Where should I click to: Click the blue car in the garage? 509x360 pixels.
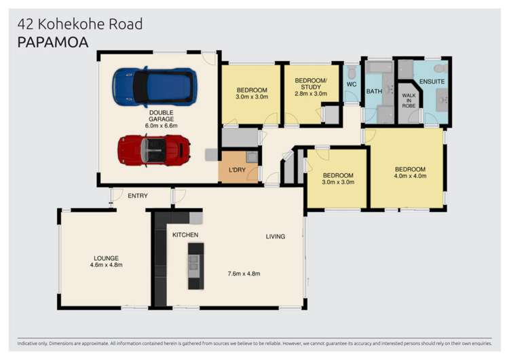point(155,87)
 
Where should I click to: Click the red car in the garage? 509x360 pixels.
point(153,149)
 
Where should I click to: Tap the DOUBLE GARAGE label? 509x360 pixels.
point(162,115)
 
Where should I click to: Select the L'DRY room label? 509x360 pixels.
point(237,170)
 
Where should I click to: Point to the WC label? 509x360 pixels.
point(352,84)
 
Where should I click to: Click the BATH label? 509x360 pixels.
point(374,91)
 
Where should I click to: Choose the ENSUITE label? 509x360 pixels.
point(432,82)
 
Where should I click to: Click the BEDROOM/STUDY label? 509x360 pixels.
point(311,84)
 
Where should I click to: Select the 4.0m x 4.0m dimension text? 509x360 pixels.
point(410,177)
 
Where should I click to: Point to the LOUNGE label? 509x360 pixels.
point(107,257)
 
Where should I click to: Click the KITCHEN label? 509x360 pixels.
point(185,235)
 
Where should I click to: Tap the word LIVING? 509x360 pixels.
point(275,236)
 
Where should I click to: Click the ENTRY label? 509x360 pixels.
point(138,196)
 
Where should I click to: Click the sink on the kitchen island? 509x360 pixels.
point(195,262)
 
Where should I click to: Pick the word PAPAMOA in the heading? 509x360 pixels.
point(53,42)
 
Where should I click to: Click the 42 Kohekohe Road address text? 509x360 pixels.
point(80,24)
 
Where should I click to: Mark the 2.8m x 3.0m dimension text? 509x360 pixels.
point(311,94)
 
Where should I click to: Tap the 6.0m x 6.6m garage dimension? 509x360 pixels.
point(162,126)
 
